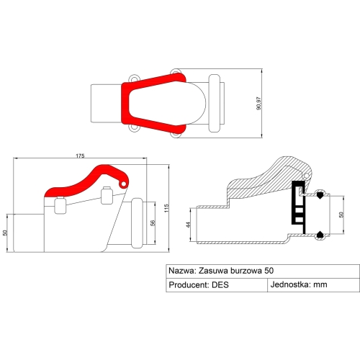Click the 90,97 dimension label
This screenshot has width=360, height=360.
coord(258,104)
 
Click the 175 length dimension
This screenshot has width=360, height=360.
coord(80,156)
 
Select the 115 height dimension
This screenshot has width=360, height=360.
coord(166,208)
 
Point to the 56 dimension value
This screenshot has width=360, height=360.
coord(153,223)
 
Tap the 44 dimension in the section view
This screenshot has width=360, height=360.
coord(189,225)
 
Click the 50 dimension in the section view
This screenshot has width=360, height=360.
coord(341,215)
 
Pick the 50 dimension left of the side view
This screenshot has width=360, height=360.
coord(5,233)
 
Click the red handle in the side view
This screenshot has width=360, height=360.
coord(86,181)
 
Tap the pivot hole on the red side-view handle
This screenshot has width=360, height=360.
coord(124,184)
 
